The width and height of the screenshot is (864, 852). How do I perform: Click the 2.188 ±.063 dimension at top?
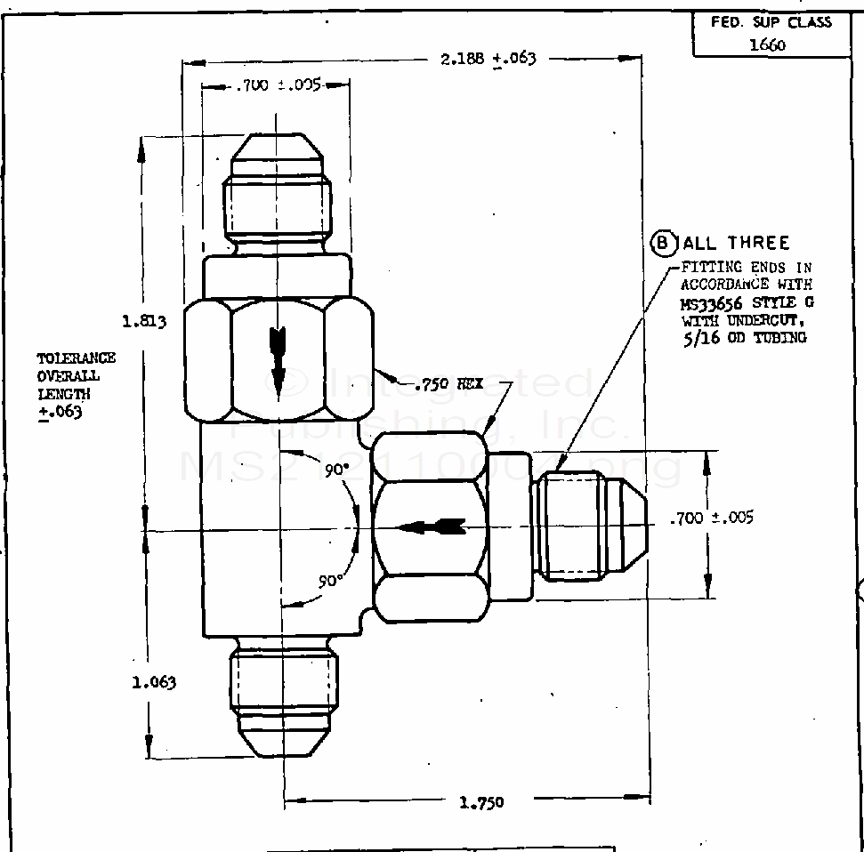click(x=489, y=59)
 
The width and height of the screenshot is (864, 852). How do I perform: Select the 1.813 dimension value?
click(x=145, y=321)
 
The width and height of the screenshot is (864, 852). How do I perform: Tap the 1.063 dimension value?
click(x=154, y=682)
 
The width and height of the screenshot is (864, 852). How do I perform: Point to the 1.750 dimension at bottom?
click(x=481, y=802)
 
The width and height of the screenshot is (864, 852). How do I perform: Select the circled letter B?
click(x=664, y=242)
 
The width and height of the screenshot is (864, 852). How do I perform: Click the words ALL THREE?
click(x=735, y=243)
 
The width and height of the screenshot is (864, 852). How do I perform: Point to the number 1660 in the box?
click(x=768, y=44)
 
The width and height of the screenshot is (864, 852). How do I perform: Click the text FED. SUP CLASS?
click(x=771, y=21)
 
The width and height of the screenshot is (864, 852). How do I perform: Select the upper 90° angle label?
click(x=335, y=471)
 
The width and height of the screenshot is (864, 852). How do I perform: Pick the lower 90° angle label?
click(x=331, y=581)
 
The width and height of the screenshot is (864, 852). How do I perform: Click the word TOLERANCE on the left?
click(x=76, y=358)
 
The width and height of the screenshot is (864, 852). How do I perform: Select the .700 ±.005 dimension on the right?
click(x=711, y=518)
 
